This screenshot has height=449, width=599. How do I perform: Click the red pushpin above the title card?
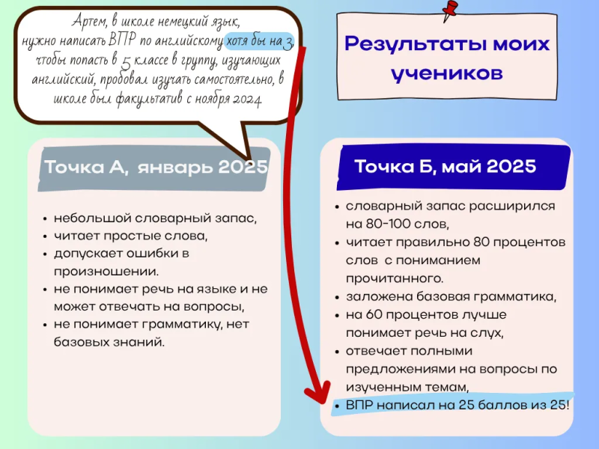pyautogui.click(x=450, y=10)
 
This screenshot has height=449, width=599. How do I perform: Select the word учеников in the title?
pyautogui.click(x=446, y=73)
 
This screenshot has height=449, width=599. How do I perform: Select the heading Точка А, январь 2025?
pyautogui.click(x=156, y=167)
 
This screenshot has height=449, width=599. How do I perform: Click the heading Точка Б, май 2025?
pyautogui.click(x=445, y=166)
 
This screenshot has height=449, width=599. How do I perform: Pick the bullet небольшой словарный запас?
pyautogui.click(x=155, y=219)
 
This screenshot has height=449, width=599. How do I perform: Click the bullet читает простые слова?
pyautogui.click(x=130, y=236)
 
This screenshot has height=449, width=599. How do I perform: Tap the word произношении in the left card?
pyautogui.click(x=106, y=272)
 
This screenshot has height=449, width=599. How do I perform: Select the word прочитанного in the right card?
pyautogui.click(x=395, y=278)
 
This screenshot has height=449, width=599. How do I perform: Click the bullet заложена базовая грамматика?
pyautogui.click(x=451, y=296)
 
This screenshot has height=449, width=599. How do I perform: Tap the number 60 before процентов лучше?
pyautogui.click(x=374, y=314)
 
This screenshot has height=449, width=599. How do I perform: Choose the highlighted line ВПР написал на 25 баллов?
pyautogui.click(x=457, y=405)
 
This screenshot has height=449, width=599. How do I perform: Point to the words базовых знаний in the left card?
pyautogui.click(x=109, y=342)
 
